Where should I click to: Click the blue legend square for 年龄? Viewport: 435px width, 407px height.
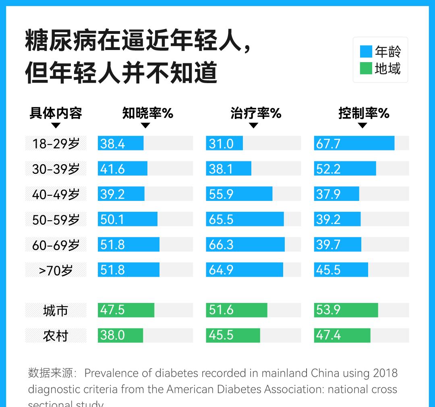[366, 52]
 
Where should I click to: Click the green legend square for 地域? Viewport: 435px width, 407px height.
[366, 69]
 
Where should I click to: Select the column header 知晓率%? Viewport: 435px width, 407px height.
[147, 113]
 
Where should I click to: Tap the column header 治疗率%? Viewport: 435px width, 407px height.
[255, 113]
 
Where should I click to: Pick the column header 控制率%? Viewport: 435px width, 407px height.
[364, 113]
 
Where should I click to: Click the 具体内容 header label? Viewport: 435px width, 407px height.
[56, 113]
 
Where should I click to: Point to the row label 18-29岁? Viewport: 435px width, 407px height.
[56, 144]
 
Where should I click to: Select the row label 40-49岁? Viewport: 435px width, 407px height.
[56, 194]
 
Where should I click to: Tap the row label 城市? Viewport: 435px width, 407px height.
[56, 310]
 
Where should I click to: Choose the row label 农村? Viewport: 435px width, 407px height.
[56, 336]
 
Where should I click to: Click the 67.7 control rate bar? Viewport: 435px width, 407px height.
[354, 143]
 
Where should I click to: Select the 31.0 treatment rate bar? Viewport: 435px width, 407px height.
[224, 143]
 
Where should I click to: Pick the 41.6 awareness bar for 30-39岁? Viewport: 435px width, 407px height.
[122, 169]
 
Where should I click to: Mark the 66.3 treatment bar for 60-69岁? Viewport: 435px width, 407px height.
[245, 244]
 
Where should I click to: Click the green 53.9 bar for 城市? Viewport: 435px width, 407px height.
[346, 310]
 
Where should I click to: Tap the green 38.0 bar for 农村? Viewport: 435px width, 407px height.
[120, 335]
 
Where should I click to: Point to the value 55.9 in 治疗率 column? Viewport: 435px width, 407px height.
[221, 194]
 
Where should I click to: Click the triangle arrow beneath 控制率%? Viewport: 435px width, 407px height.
[362, 125]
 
